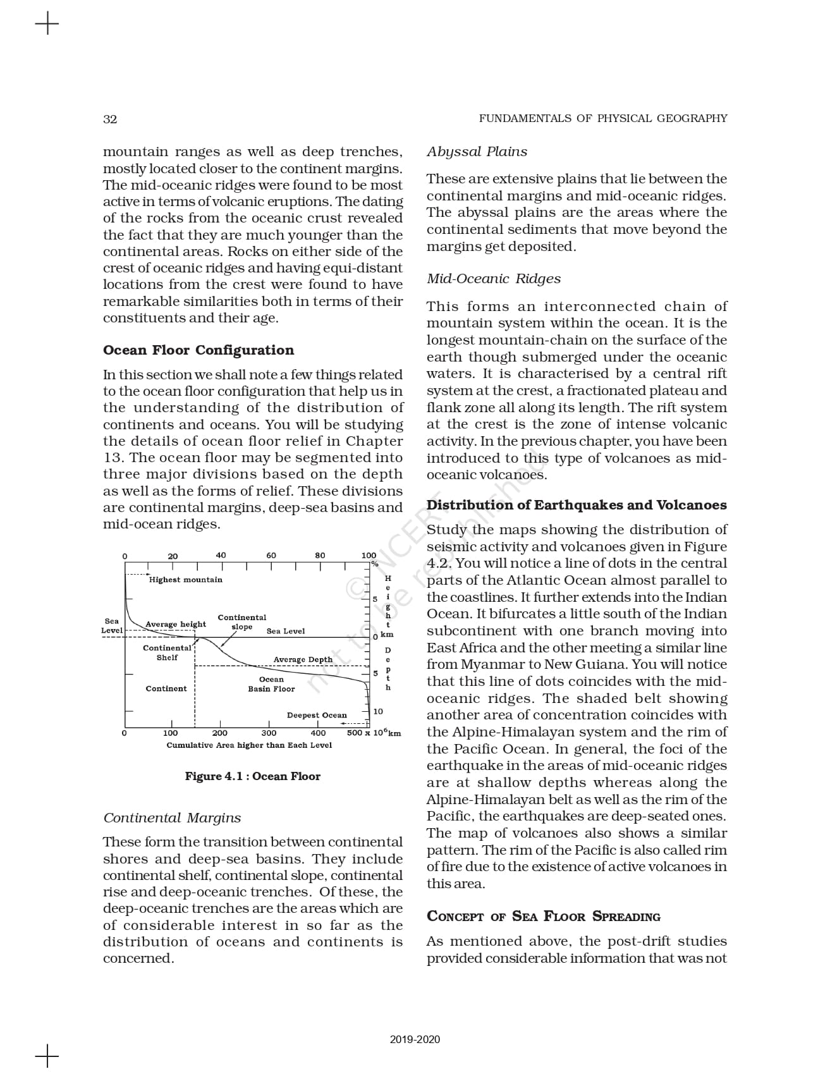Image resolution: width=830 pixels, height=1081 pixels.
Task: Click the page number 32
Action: coord(110,119)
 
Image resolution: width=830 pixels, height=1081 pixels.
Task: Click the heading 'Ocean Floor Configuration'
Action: coord(198,350)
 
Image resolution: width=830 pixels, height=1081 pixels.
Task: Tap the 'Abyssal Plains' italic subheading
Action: coord(477,152)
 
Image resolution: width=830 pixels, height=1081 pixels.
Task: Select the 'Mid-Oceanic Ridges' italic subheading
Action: coord(493,279)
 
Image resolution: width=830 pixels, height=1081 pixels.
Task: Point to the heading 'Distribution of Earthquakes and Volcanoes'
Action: coord(577,505)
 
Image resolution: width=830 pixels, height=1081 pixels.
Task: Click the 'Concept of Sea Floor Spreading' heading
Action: coord(543,917)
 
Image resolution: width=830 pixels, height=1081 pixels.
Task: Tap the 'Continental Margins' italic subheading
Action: coord(172,818)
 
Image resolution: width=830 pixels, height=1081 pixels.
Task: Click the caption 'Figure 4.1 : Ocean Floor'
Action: coord(252,776)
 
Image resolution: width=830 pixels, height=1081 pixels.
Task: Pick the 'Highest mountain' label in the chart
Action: coord(186,580)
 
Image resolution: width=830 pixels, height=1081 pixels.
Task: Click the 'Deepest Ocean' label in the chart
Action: coord(317,716)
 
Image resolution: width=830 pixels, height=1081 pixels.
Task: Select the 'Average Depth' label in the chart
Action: coord(303,659)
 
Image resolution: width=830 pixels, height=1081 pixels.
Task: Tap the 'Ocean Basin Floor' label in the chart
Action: coord(271,684)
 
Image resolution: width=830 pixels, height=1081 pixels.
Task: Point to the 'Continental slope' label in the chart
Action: coord(242,622)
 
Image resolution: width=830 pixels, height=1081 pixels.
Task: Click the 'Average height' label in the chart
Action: coord(176,624)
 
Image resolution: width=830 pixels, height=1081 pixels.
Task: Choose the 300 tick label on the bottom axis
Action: coord(269,733)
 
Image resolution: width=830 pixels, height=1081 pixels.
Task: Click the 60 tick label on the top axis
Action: coord(271,555)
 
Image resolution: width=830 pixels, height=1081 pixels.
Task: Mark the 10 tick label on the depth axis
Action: coord(378,711)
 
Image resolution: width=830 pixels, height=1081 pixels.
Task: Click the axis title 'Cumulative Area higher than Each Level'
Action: coord(249,745)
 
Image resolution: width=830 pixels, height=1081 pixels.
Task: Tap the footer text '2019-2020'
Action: coord(415,1040)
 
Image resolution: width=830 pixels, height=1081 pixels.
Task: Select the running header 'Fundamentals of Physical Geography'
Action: coord(602,118)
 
